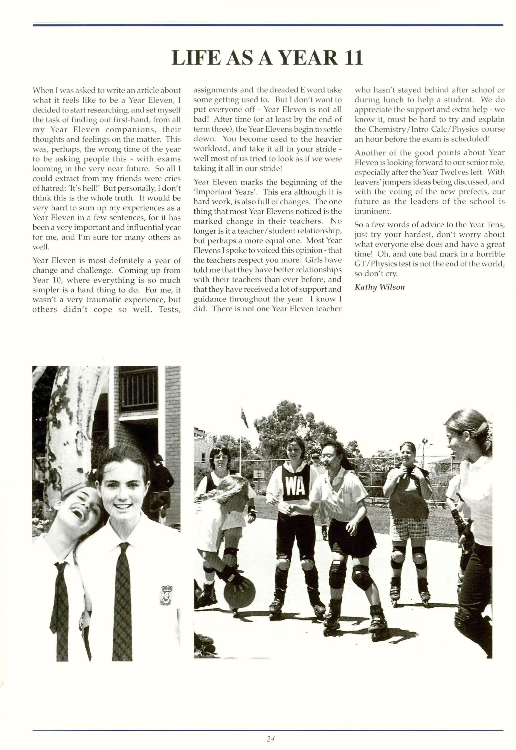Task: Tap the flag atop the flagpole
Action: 245,417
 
